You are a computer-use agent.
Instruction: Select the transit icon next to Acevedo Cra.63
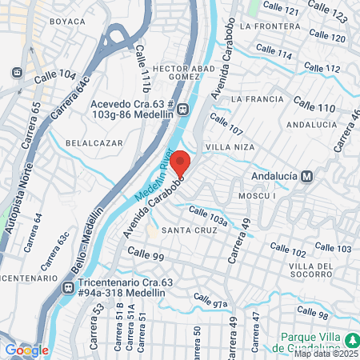pos(183,110)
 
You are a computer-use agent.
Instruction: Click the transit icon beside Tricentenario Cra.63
pos(70,286)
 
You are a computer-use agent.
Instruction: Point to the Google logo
pos(27,350)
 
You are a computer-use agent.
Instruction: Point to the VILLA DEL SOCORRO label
pos(310,270)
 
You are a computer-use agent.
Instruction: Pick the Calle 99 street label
pos(145,256)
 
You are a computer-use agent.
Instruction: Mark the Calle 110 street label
pos(314,105)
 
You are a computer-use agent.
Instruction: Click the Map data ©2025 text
pos(326,353)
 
